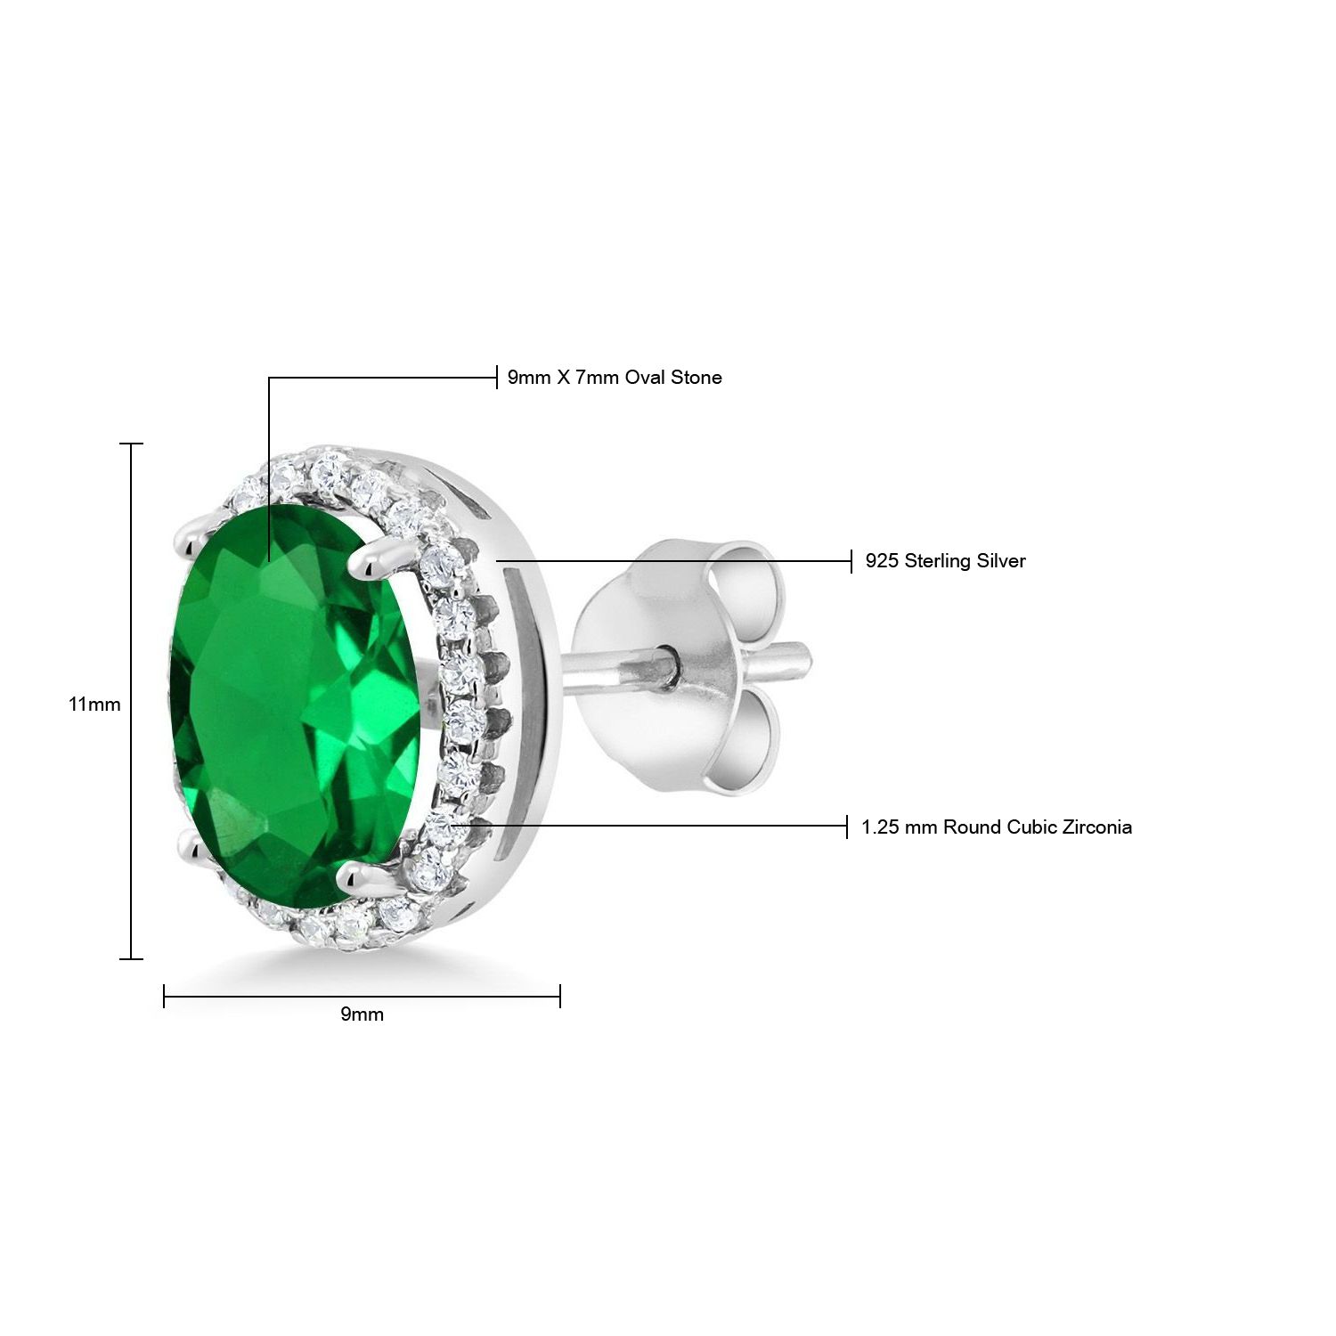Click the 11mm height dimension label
coord(94,705)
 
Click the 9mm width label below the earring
coord(363,1014)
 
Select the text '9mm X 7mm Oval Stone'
coord(615,378)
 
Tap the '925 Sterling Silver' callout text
coord(946,561)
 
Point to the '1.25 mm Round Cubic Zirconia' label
coord(997,827)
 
